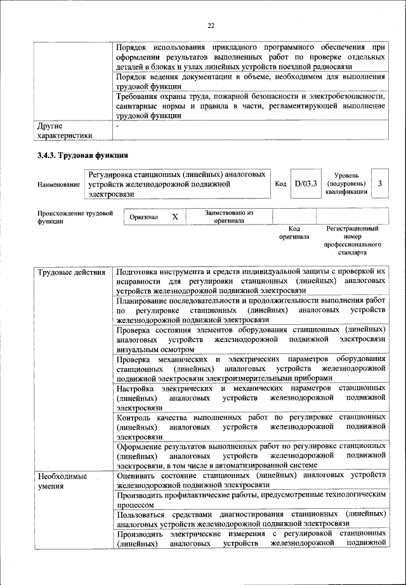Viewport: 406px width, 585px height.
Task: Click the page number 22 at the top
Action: [211, 25]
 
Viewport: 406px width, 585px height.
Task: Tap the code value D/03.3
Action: [305, 183]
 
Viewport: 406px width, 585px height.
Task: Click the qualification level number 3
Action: [379, 183]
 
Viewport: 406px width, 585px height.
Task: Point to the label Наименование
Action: [58, 184]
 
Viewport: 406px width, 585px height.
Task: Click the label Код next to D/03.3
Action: [280, 184]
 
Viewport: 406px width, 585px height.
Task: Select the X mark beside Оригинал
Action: [175, 217]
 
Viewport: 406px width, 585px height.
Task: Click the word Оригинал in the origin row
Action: [143, 217]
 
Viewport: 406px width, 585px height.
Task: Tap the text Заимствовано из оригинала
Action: [229, 217]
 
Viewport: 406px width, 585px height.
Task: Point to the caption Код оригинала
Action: [294, 232]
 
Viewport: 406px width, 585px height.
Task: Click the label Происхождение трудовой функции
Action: [75, 217]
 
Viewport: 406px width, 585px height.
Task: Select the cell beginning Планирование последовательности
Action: [251, 310]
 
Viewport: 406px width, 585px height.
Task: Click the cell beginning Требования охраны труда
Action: [251, 106]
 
